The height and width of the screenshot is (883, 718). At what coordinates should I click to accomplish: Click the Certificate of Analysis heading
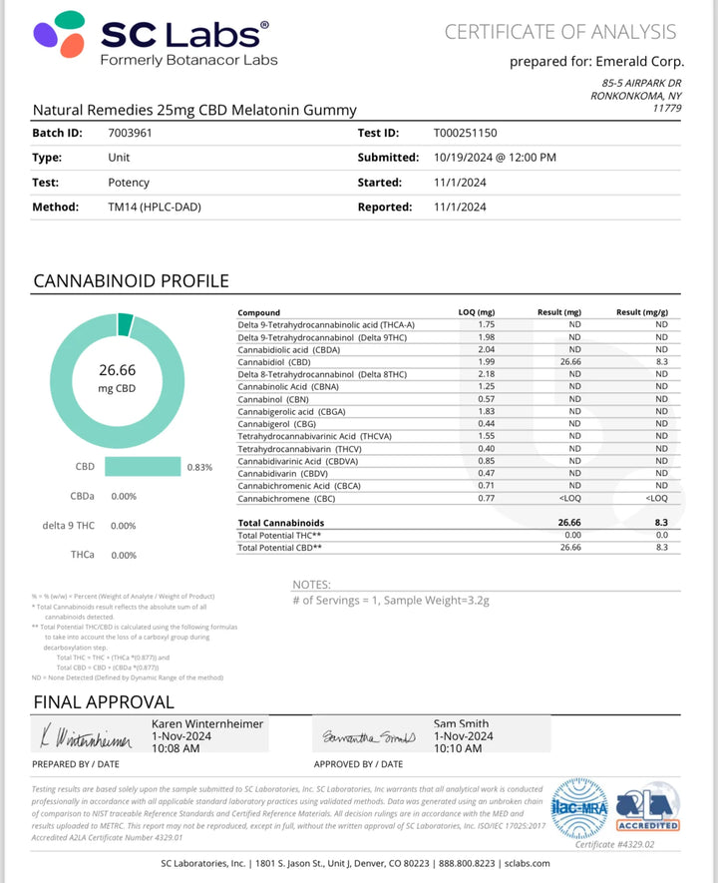pyautogui.click(x=560, y=32)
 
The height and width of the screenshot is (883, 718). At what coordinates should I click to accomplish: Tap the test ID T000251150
pyautogui.click(x=466, y=133)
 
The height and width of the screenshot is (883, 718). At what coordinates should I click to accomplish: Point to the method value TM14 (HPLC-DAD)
pyautogui.click(x=152, y=208)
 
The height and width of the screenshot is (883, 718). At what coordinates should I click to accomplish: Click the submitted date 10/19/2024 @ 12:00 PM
pyautogui.click(x=495, y=158)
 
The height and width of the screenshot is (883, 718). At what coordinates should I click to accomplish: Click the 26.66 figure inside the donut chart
pyautogui.click(x=118, y=370)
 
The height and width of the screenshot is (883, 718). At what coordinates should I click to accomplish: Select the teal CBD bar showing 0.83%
pyautogui.click(x=143, y=466)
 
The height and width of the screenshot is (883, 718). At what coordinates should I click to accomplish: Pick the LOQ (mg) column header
pyautogui.click(x=476, y=312)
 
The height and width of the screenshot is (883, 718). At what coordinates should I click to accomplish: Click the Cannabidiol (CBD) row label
pyautogui.click(x=273, y=362)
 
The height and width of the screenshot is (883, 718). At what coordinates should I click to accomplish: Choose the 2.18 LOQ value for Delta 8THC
pyautogui.click(x=488, y=374)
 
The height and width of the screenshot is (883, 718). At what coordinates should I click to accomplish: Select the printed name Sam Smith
pyautogui.click(x=461, y=723)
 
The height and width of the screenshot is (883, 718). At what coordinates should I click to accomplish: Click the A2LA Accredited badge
pyautogui.click(x=648, y=807)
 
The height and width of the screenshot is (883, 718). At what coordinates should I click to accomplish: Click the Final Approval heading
pyautogui.click(x=104, y=702)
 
